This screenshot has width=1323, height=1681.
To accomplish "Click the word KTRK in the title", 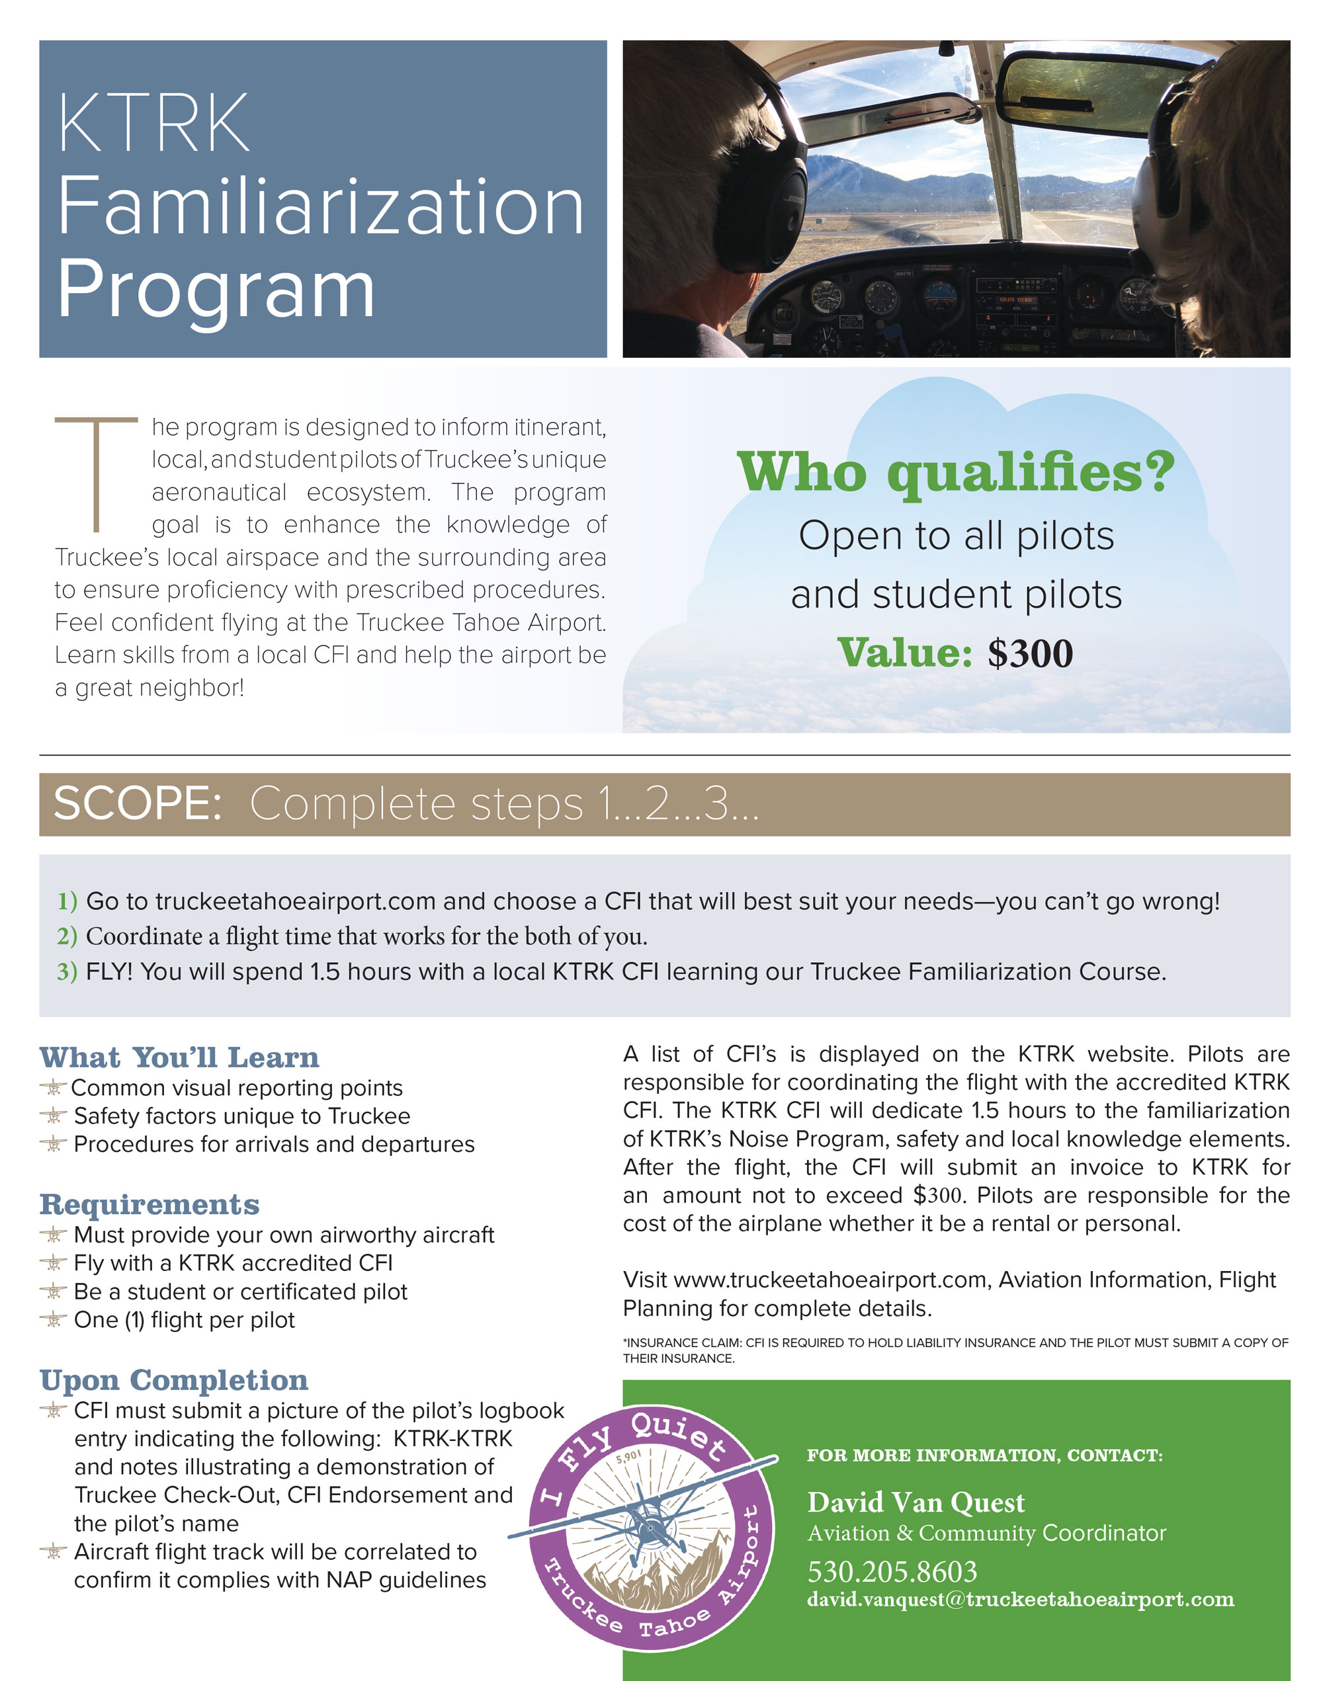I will pos(153,124).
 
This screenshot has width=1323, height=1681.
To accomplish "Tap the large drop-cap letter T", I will pos(96,474).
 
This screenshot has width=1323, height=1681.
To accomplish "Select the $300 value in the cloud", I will pos(1029,653).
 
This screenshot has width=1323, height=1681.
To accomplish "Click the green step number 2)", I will pos(67,936).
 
